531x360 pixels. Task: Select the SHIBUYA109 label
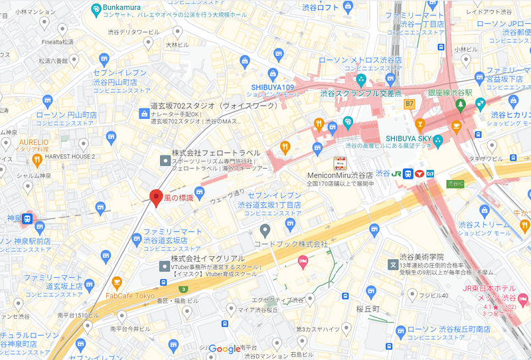(x=272, y=87)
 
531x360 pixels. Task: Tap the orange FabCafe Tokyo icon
(x=117, y=282)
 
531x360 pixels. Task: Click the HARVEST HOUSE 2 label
(x=72, y=156)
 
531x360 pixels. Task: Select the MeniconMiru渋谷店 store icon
(x=339, y=163)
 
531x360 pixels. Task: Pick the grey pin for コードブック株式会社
(x=265, y=230)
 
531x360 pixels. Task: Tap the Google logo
(x=224, y=349)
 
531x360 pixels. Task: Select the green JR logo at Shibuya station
(x=397, y=173)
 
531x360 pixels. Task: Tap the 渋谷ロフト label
(x=319, y=8)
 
